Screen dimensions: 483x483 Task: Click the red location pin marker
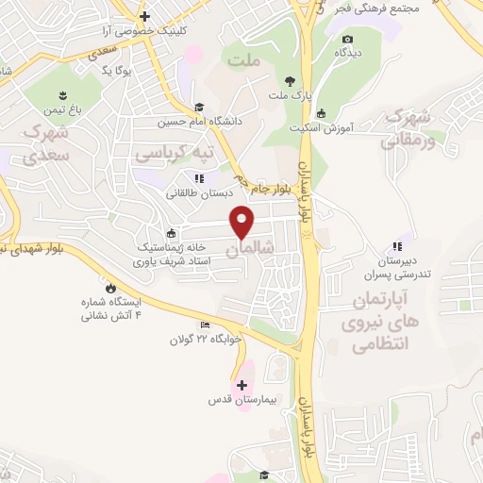pyautogui.click(x=243, y=222)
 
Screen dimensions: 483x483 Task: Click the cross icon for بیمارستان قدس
pyautogui.click(x=242, y=385)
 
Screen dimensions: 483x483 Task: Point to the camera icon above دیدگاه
pyautogui.click(x=348, y=39)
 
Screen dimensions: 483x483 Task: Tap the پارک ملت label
pyautogui.click(x=289, y=96)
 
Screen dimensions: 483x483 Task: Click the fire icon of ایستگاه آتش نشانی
pyautogui.click(x=112, y=287)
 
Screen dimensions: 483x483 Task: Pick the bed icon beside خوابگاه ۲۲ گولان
pyautogui.click(x=206, y=325)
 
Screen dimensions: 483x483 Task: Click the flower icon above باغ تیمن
pyautogui.click(x=62, y=96)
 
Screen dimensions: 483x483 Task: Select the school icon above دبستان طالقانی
pyautogui.click(x=198, y=177)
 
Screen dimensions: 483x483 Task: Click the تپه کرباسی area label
pyautogui.click(x=173, y=151)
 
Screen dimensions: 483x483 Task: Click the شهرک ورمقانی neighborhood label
pyautogui.click(x=407, y=129)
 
